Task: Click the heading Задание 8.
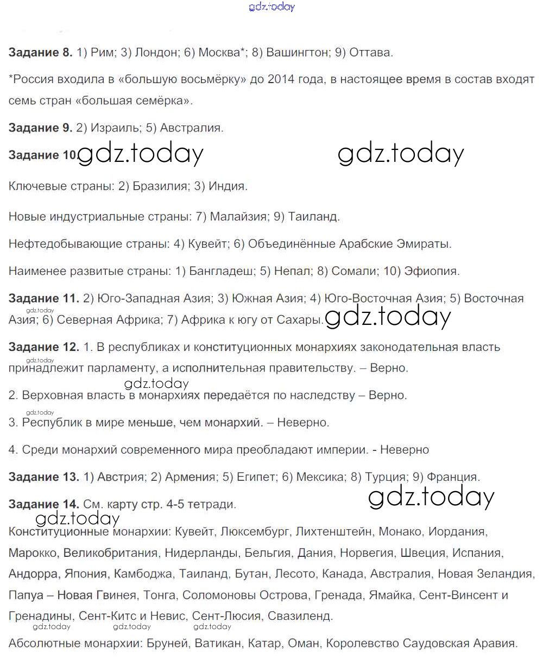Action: pos(40,53)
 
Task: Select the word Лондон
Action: pos(157,53)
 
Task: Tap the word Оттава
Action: pos(370,53)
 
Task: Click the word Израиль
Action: pos(114,128)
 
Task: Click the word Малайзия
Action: pos(238,217)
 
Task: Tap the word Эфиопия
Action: pos(435,271)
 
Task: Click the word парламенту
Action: pos(93,368)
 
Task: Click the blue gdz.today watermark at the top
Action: pos(271,7)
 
